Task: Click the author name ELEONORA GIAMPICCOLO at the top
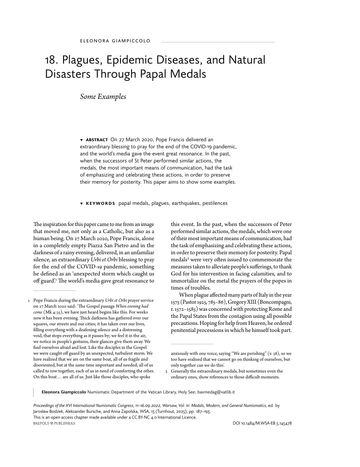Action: (x=115, y=41)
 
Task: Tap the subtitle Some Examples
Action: (x=103, y=96)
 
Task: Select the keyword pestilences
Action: (x=214, y=203)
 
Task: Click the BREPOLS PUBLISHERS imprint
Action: (x=54, y=424)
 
